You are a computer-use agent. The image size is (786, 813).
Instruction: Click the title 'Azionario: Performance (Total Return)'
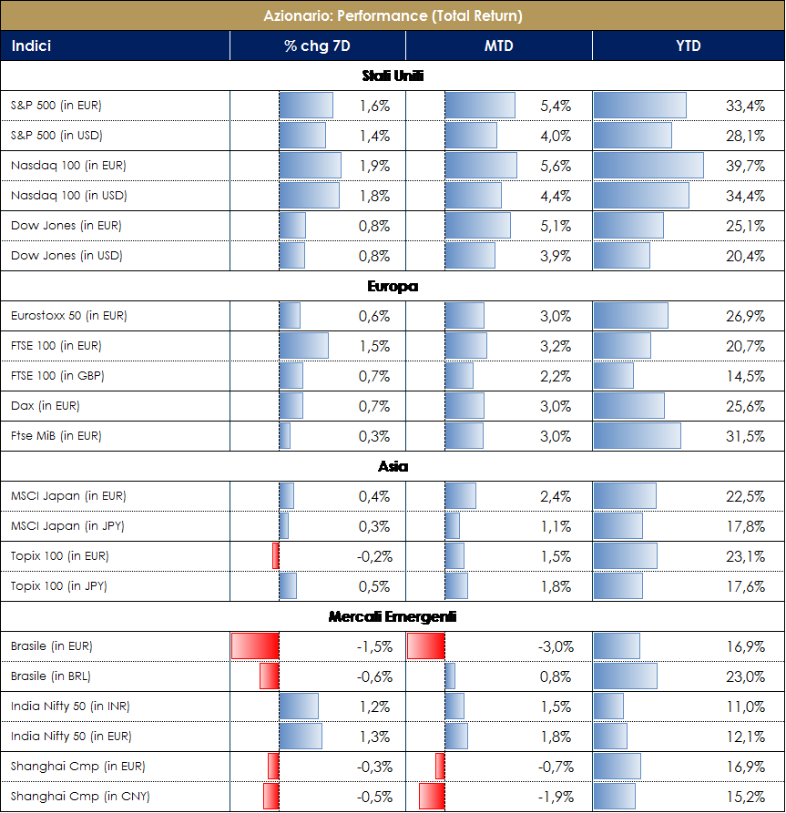click(393, 15)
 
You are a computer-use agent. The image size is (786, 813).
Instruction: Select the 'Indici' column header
click(31, 46)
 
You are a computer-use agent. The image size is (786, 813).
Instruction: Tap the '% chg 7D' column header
click(317, 46)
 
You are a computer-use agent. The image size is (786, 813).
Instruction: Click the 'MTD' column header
click(498, 46)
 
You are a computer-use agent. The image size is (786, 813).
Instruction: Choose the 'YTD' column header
click(689, 46)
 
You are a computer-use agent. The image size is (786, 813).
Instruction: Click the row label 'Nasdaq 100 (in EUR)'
click(68, 166)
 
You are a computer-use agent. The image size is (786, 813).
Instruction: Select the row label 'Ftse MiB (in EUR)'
click(56, 436)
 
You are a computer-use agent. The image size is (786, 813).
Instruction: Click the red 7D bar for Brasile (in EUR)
click(255, 646)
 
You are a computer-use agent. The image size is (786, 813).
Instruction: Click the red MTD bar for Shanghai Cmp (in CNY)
click(432, 797)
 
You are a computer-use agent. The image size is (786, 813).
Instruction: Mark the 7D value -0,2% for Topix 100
click(374, 556)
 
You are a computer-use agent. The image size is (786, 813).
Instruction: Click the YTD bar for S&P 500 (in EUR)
click(639, 106)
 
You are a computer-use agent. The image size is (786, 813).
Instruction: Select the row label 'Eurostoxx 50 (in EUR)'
click(69, 316)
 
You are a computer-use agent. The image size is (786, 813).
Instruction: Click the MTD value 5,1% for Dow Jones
click(556, 226)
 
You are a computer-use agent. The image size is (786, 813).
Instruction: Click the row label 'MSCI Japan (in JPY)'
click(67, 526)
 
